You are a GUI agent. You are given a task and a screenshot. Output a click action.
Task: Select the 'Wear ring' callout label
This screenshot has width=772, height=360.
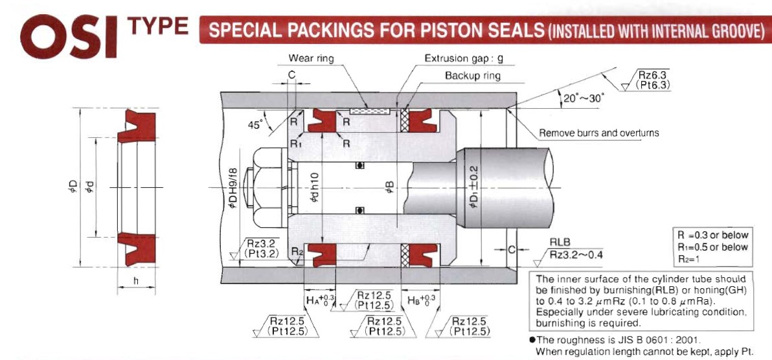(x=311, y=59)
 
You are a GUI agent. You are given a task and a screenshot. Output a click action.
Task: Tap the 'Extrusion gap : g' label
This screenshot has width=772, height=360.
(x=464, y=59)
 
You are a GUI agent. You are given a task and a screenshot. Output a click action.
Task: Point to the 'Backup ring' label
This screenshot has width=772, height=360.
(x=473, y=76)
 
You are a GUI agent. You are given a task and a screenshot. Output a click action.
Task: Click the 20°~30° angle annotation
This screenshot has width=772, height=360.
(x=584, y=98)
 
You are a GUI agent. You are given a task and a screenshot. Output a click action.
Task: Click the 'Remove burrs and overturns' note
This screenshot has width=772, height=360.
(x=598, y=133)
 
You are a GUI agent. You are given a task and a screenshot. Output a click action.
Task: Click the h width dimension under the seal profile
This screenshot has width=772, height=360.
(x=137, y=282)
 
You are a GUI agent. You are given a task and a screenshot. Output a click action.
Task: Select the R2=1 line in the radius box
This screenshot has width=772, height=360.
(x=687, y=258)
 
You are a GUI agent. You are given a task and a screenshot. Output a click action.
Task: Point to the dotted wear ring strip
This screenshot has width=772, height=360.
(x=369, y=111)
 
